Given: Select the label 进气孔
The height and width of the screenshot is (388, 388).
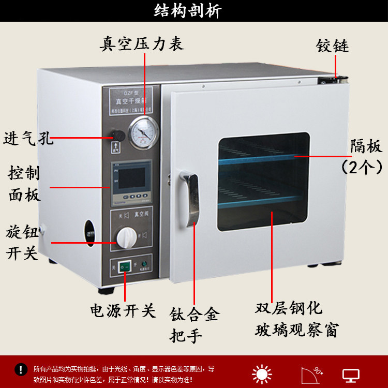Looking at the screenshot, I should tap(28, 139).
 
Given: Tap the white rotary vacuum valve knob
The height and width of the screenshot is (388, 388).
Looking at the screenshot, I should tap(126, 238).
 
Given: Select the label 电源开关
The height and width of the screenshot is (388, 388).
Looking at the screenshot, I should tap(123, 310).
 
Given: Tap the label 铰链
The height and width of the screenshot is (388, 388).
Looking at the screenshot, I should tap(333, 46).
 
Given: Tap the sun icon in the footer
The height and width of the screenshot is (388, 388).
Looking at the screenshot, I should tap(262, 374).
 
